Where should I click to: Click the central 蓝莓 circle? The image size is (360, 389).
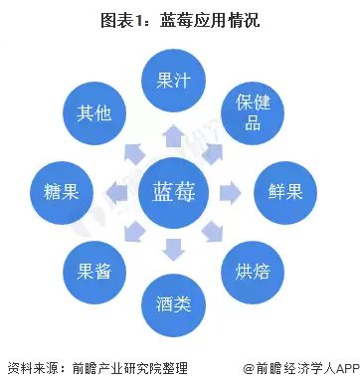coord(176,189)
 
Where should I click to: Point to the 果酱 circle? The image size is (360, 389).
coord(96,268)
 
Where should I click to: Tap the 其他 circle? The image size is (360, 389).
coord(97,112)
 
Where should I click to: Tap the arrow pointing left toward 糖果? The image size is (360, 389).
coord(118,190)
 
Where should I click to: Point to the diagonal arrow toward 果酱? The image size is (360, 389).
coord(135,230)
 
